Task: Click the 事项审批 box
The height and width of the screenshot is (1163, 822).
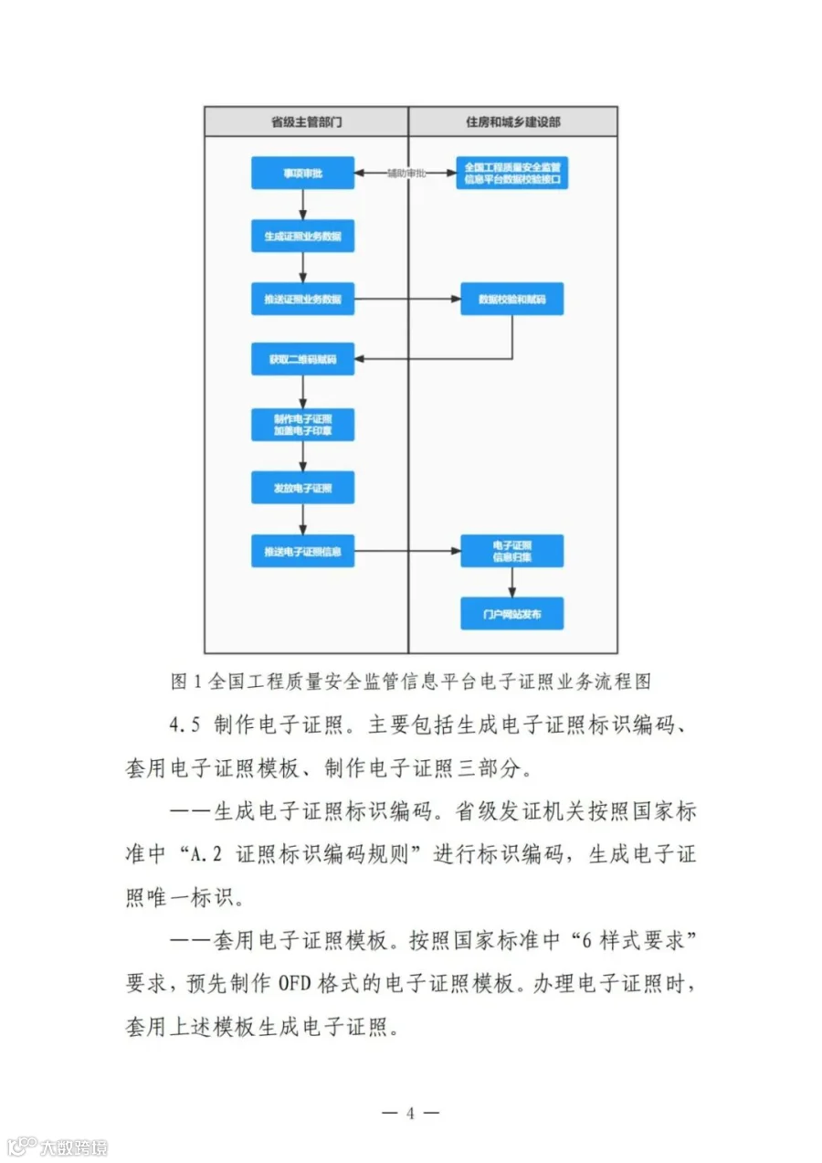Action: [302, 173]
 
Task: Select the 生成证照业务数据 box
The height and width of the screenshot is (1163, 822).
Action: [302, 236]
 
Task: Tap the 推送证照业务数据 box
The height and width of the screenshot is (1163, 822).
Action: [302, 299]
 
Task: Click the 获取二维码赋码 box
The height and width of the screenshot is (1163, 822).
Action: [302, 360]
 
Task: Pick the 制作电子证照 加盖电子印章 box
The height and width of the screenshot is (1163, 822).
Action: [302, 424]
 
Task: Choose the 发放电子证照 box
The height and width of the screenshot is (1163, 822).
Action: [302, 488]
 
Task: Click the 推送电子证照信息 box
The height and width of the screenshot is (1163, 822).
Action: [302, 551]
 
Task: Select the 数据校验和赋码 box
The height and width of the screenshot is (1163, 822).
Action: [511, 299]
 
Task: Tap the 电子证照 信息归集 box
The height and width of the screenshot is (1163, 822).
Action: [511, 551]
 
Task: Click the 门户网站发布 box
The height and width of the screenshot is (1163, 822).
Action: [511, 614]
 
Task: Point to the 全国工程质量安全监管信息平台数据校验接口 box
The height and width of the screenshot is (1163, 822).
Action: [511, 173]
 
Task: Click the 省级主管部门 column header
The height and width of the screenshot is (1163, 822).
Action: [306, 122]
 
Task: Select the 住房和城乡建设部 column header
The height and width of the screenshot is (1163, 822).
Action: [512, 122]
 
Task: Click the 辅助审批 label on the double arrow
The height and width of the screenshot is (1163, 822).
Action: [406, 173]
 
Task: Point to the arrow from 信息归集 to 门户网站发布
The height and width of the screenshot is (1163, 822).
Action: [511, 583]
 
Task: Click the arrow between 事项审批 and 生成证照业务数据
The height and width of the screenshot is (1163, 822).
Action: [302, 205]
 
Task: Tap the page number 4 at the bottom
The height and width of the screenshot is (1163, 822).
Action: [410, 1114]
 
